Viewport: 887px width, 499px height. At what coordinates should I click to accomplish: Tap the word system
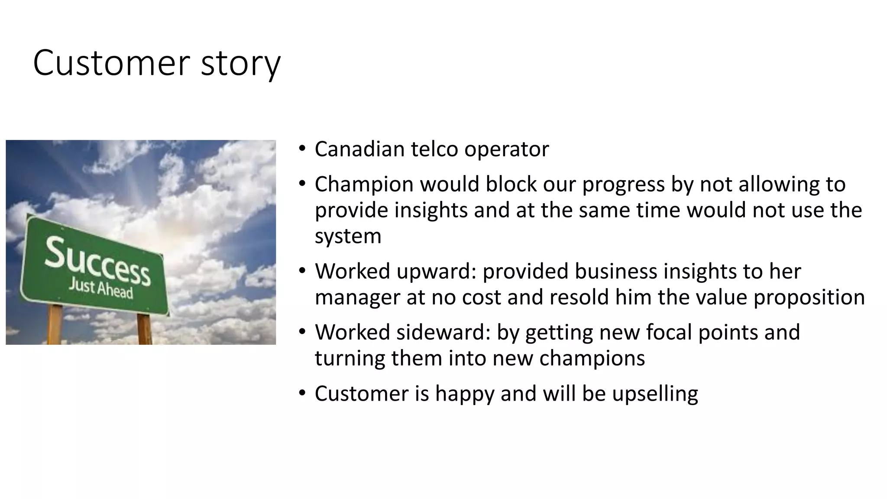click(x=348, y=237)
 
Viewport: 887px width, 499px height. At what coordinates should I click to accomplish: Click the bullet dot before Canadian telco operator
click(x=302, y=149)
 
